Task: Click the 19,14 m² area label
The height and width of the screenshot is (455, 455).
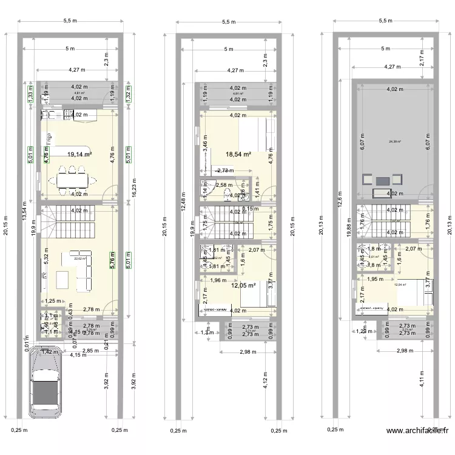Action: tap(79, 155)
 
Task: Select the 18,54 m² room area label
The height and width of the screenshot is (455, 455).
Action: tap(238, 155)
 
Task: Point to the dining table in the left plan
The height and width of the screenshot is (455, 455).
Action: tap(72, 180)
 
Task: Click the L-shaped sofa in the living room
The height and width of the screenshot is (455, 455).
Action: tap(84, 268)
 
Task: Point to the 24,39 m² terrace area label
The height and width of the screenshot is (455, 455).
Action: tap(395, 143)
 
